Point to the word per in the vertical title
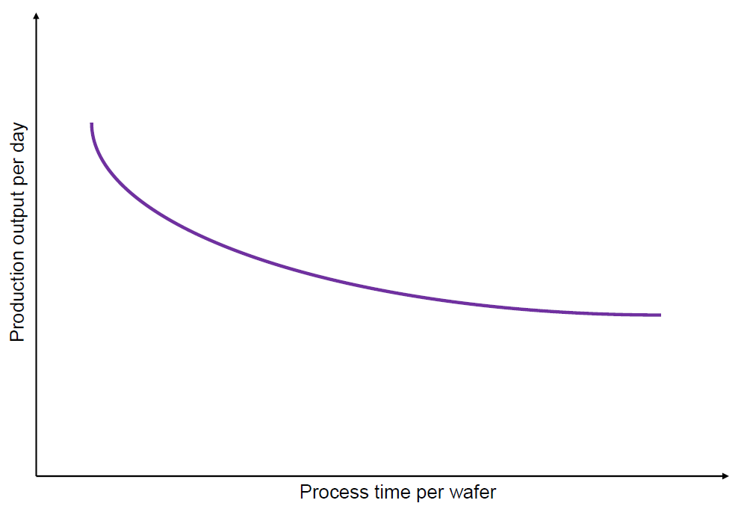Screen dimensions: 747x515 click(19, 173)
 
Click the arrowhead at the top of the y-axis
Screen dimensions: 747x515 click(36, 16)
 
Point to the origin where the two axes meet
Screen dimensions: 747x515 click(36, 476)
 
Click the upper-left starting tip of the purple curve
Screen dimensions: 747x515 click(91, 123)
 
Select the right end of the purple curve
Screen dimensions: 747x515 click(660, 315)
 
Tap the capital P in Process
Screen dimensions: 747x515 click(306, 492)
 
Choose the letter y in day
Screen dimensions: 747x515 click(21, 127)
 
